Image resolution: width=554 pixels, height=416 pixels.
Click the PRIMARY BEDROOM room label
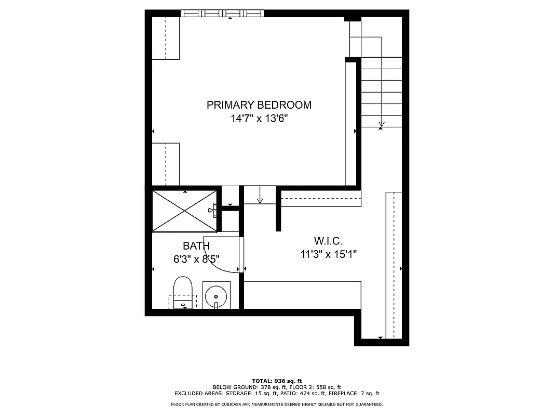(259, 105)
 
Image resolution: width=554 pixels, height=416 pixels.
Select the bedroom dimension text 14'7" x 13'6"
(259, 119)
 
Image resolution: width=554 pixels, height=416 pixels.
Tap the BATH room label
(196, 246)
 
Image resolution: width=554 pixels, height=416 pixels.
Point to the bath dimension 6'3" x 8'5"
(196, 259)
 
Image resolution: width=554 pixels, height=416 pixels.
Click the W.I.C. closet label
(328, 241)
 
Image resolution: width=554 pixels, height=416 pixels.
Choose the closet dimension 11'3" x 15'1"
(328, 254)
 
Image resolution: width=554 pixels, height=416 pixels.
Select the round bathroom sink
(215, 296)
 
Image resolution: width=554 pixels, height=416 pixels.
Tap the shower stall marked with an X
(184, 210)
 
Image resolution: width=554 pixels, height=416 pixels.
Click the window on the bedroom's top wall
(222, 14)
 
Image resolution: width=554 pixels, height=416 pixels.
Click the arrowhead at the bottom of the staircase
(382, 124)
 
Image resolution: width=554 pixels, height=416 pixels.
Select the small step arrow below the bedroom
(260, 200)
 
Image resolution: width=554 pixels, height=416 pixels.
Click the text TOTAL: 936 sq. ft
(277, 381)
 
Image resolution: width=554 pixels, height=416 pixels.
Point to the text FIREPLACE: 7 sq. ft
(357, 394)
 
